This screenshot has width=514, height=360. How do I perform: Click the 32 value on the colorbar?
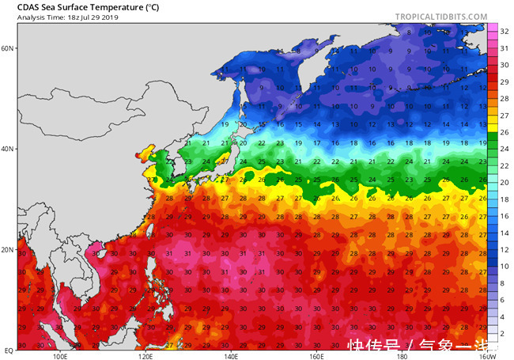(505, 30)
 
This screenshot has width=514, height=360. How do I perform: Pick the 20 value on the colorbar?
(505, 183)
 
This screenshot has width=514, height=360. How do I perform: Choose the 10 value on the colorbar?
(505, 267)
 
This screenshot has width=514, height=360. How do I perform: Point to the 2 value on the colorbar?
(505, 335)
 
